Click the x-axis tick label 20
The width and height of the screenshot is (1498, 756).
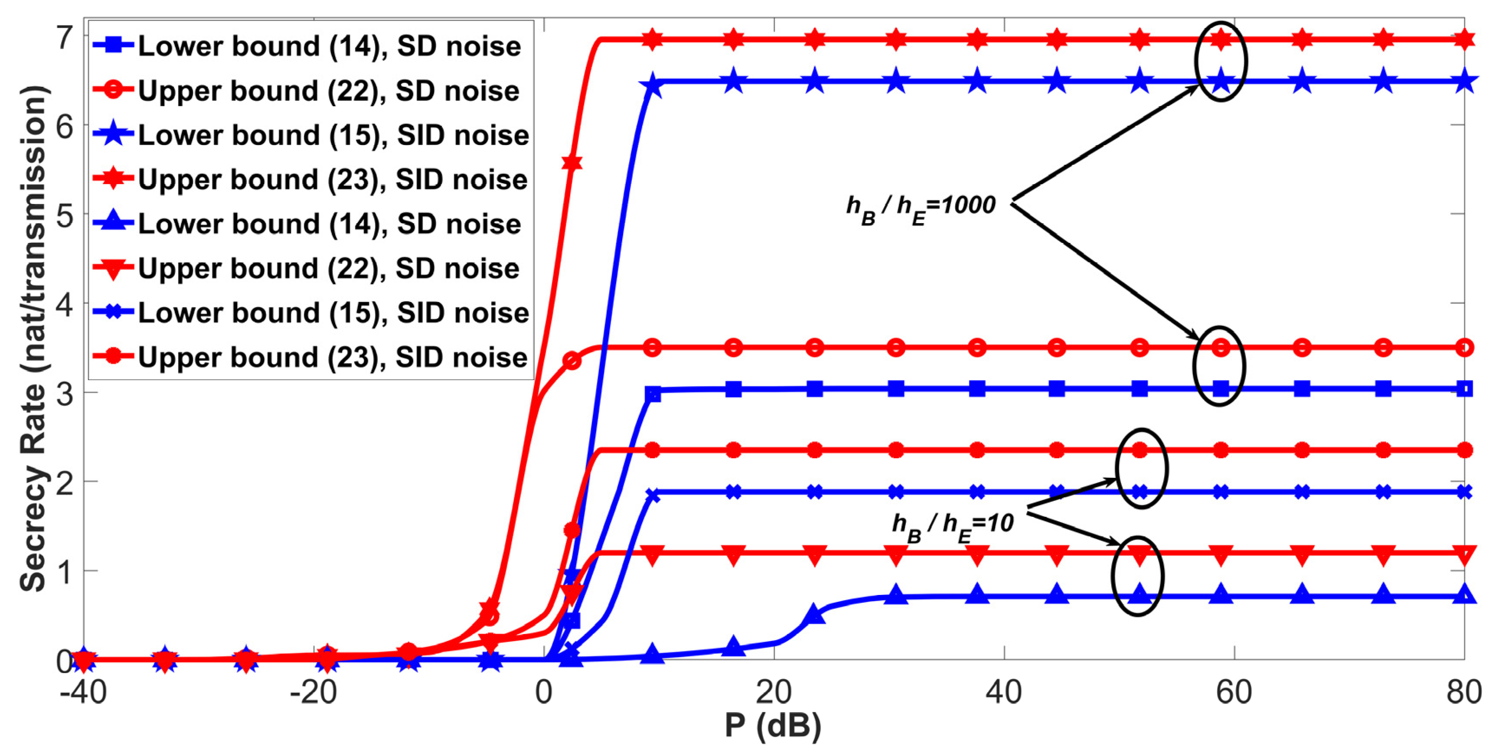tap(773, 693)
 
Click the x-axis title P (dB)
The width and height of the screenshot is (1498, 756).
tap(773, 725)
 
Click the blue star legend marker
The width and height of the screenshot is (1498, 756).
tap(114, 135)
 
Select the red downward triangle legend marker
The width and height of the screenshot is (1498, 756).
tap(114, 269)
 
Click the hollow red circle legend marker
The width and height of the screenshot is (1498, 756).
tap(114, 90)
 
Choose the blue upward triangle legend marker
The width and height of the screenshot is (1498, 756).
tap(114, 223)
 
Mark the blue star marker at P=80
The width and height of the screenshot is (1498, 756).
tap(1464, 82)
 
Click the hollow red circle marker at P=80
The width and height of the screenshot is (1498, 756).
tap(1464, 348)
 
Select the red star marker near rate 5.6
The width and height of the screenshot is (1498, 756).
tap(572, 162)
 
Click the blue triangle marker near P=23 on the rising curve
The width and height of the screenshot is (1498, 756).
tap(815, 615)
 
